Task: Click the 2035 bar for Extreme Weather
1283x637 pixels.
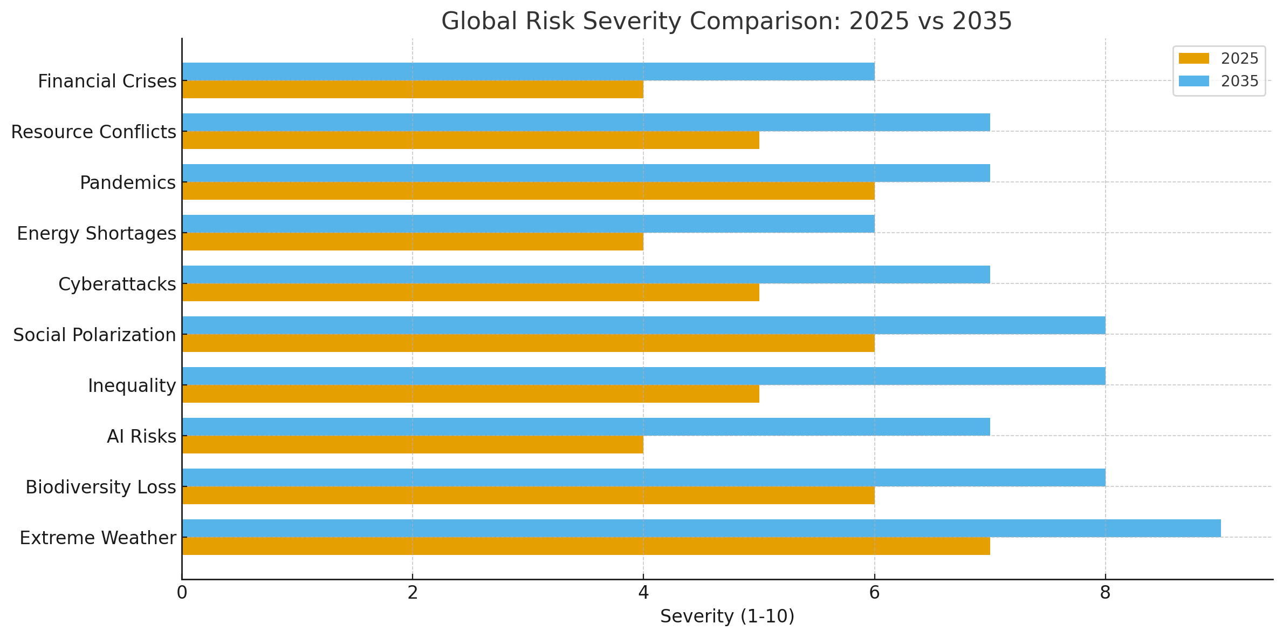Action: pos(701,528)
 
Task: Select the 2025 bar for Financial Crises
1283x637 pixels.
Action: pos(413,90)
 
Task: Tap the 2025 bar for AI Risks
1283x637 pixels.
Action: pos(413,445)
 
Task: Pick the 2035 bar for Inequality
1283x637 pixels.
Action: pos(643,376)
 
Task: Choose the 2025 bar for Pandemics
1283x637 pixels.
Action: pos(528,191)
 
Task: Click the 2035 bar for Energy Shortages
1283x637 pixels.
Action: pos(528,223)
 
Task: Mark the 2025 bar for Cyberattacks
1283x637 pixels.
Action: pos(470,293)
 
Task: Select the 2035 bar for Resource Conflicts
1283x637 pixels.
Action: pos(586,122)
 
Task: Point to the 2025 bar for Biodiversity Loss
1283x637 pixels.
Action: pos(528,496)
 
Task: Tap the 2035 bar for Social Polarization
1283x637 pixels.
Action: pos(643,325)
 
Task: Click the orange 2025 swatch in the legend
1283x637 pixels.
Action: pos(1193,58)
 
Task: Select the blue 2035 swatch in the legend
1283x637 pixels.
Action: pos(1193,81)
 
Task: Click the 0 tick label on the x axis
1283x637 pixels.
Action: pos(182,593)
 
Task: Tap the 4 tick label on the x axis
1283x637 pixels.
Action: pos(643,593)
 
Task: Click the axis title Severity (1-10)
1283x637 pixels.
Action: pos(727,616)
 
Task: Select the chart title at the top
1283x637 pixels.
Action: pos(726,22)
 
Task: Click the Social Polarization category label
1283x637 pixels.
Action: pos(95,335)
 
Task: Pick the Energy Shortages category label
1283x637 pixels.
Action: pos(97,233)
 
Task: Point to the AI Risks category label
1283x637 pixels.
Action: pos(141,436)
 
